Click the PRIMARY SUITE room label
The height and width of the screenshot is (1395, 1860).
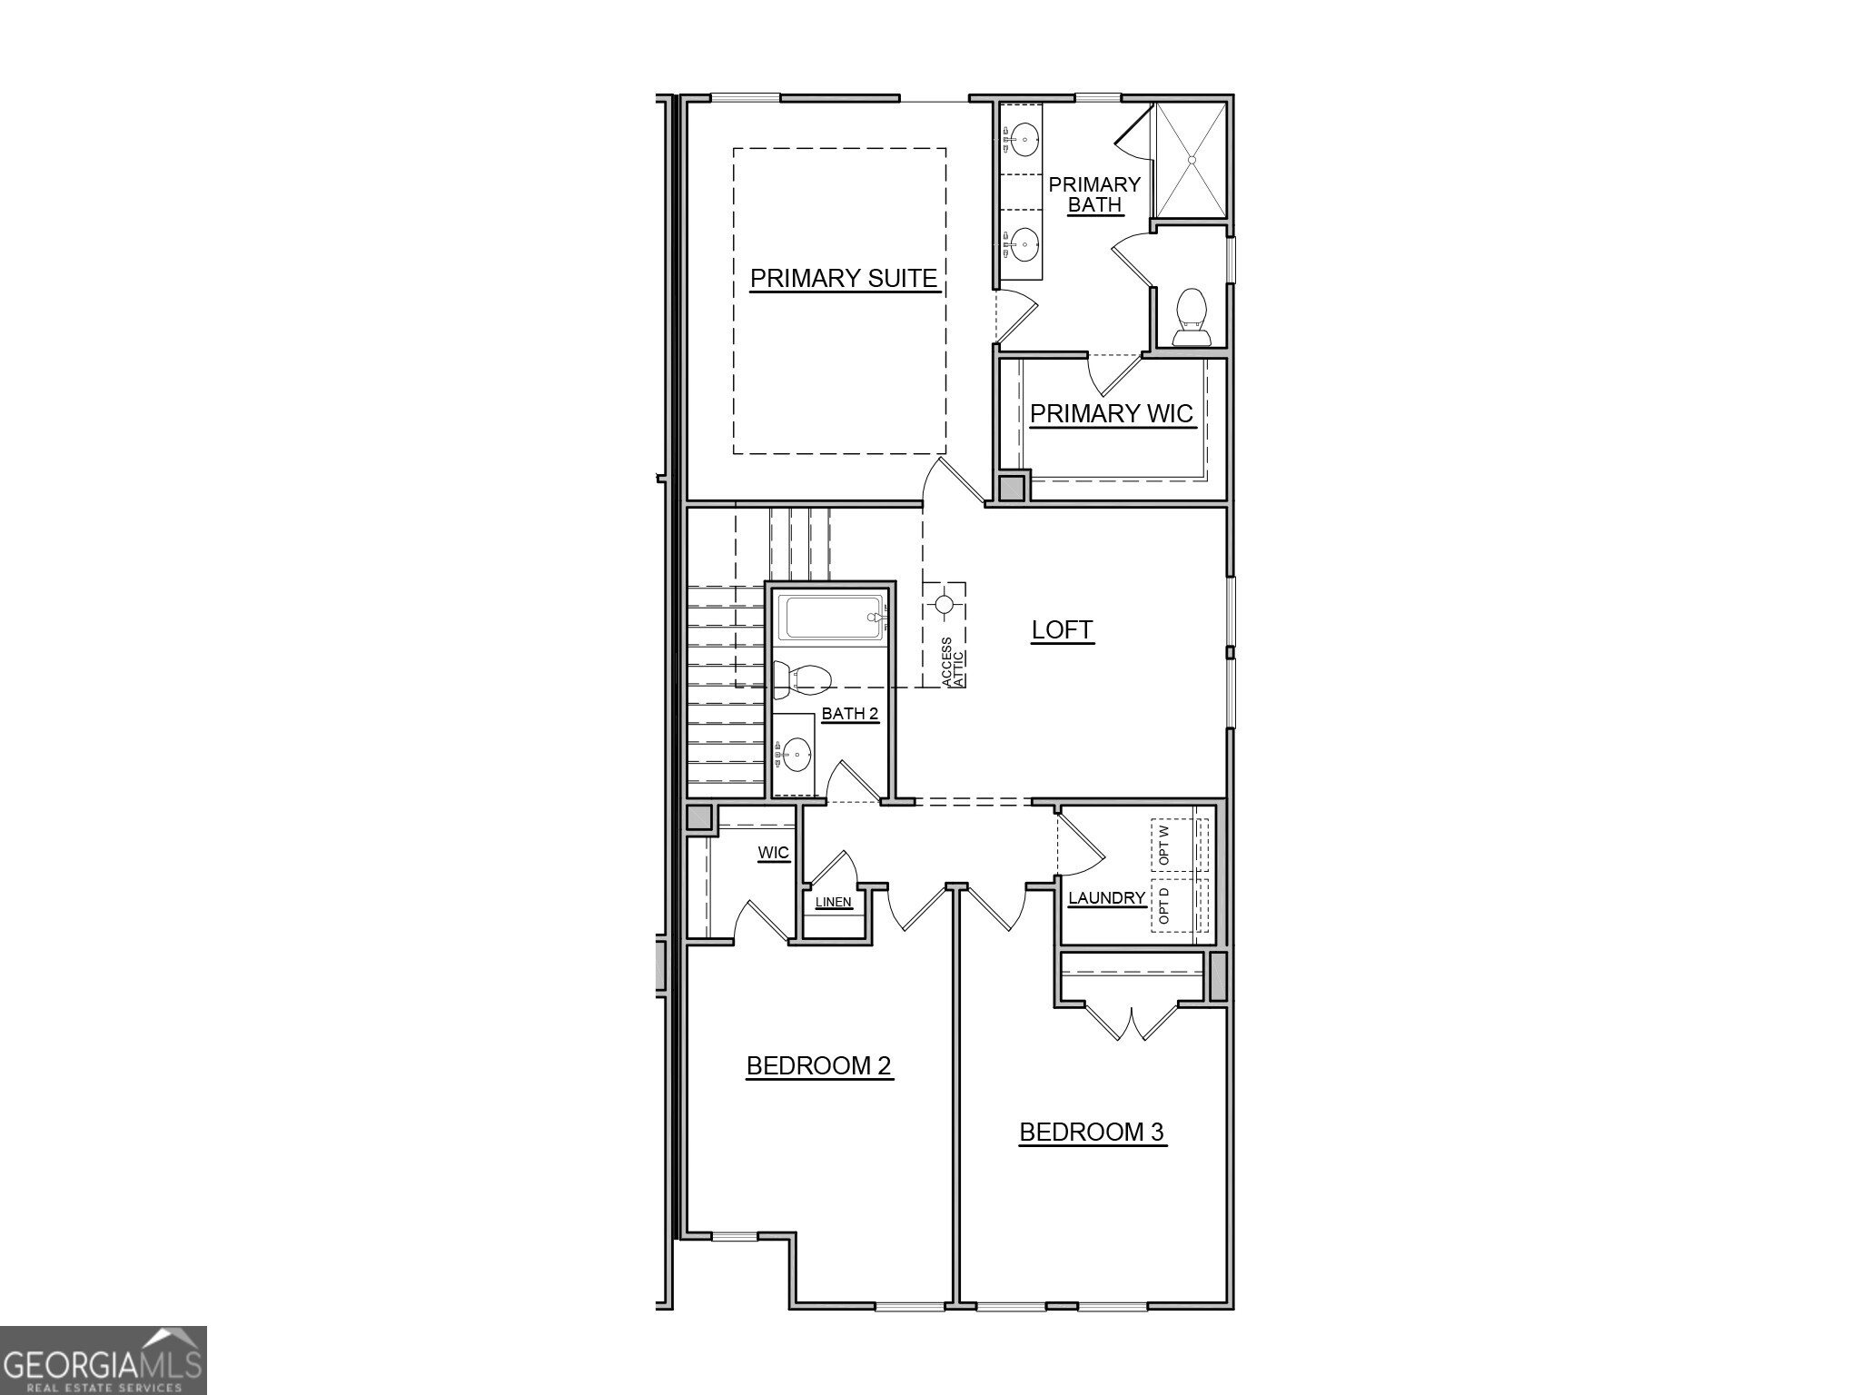click(x=843, y=278)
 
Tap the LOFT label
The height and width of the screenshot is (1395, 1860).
click(x=1062, y=629)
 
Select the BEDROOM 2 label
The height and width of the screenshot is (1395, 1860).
click(x=818, y=1065)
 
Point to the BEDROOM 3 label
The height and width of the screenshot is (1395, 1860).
click(x=1091, y=1132)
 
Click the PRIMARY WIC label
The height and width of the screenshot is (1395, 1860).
click(x=1111, y=414)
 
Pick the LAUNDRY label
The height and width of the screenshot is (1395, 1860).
click(x=1106, y=898)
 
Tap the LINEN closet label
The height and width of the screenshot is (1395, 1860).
click(x=833, y=902)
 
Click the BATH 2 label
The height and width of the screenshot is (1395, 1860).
click(x=850, y=714)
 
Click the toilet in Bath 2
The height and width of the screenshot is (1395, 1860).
click(x=803, y=678)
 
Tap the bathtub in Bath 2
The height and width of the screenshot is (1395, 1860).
click(x=831, y=617)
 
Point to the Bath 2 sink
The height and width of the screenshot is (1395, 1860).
click(x=796, y=753)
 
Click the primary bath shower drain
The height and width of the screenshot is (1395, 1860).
click(x=1192, y=159)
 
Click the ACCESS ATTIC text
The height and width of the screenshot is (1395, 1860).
click(x=953, y=662)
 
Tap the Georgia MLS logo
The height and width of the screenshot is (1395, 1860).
click(x=103, y=1360)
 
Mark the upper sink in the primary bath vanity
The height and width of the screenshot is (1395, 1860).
click(x=1025, y=140)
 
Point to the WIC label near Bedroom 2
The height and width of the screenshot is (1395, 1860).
click(x=773, y=853)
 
